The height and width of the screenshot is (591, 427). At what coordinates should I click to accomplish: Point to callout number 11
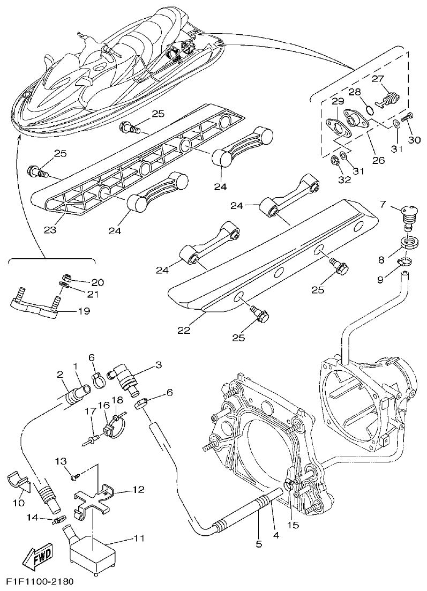[138, 538]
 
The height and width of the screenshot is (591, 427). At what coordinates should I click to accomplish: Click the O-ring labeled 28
[369, 111]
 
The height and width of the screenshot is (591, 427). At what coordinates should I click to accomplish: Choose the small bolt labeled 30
[409, 115]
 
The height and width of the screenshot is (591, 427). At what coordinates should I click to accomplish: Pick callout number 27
[378, 78]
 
